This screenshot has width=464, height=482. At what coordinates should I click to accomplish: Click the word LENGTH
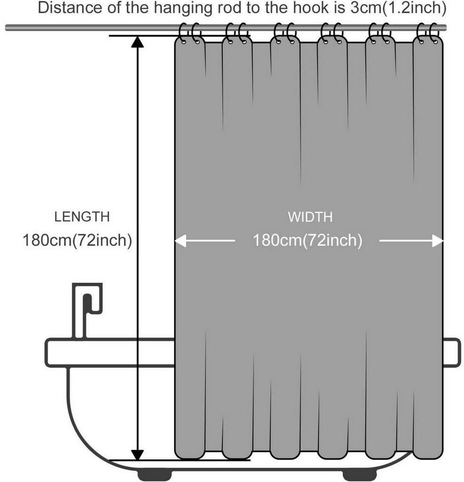tap(82, 217)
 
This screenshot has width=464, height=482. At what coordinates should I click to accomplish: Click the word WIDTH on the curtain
tap(310, 217)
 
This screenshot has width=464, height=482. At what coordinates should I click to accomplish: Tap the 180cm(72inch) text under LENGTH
tap(77, 240)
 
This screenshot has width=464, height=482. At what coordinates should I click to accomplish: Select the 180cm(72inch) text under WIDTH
tap(307, 240)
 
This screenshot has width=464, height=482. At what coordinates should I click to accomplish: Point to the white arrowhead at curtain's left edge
tap(181, 240)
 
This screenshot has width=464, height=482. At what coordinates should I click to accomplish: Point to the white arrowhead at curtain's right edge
tap(437, 240)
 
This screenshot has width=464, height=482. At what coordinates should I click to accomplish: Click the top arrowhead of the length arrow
tap(137, 42)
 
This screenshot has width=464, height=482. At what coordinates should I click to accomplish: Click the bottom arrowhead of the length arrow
tap(137, 455)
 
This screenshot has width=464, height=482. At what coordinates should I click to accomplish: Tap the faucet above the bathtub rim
tap(87, 310)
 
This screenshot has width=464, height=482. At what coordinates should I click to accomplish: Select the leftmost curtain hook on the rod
tap(183, 33)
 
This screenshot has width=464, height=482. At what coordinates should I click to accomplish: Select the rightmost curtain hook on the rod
tap(434, 33)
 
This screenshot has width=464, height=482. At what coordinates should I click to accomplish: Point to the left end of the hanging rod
tap(6, 28)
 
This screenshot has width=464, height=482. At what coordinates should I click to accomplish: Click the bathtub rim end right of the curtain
tap(452, 352)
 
